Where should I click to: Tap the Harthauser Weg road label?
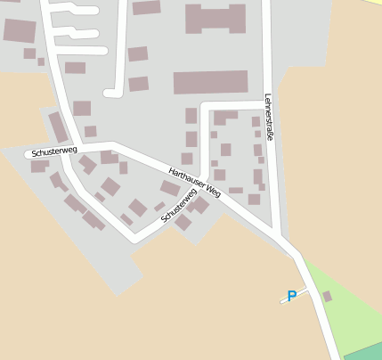(x=194, y=180)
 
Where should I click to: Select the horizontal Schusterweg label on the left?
(x=53, y=151)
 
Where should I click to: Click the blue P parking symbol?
(x=291, y=297)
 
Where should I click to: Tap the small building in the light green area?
(x=327, y=296)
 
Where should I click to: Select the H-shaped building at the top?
(x=215, y=18)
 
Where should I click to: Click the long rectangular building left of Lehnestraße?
(x=210, y=83)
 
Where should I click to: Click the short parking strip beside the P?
(x=295, y=294)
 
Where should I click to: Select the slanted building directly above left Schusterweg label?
(x=59, y=127)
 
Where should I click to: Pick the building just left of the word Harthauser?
(x=169, y=187)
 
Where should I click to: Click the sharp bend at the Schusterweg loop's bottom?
(x=134, y=239)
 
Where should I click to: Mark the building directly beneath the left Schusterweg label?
(x=39, y=166)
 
